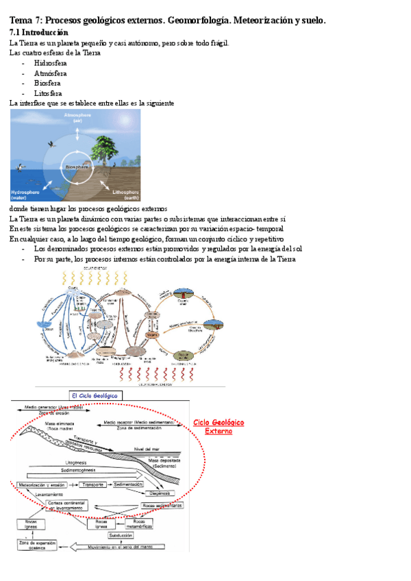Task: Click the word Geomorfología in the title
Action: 196,21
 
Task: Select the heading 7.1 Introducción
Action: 39,32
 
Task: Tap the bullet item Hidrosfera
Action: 46,62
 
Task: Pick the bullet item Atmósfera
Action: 47,73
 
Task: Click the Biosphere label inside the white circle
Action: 76,167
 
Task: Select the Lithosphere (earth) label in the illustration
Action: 125,195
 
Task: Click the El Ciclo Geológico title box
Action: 95,395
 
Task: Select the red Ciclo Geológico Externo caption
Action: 219,427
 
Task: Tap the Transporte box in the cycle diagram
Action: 92,484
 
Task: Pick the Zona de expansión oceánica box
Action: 36,545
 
